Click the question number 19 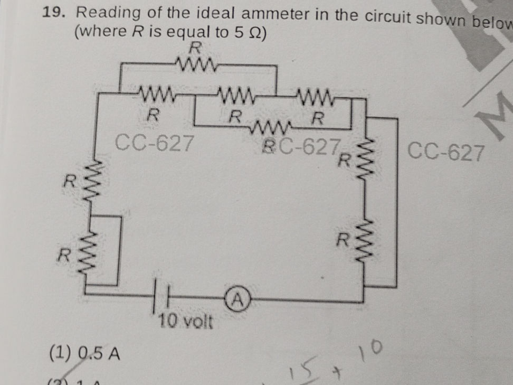point(55,13)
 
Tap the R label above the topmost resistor point(195,49)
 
